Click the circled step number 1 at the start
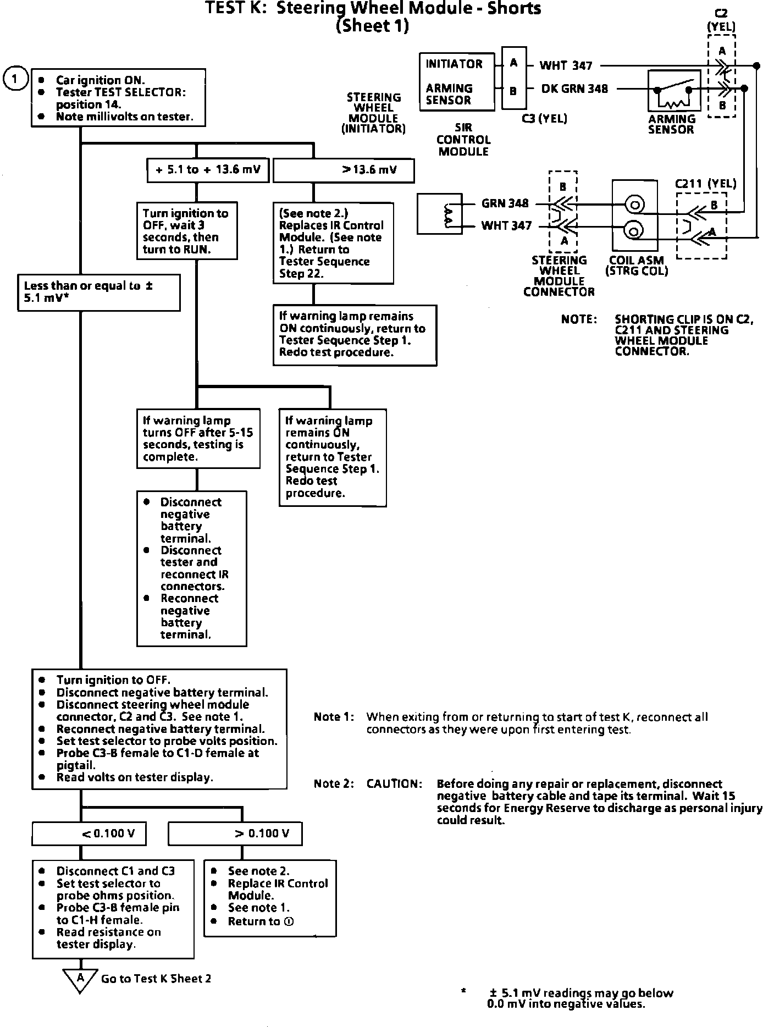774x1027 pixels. coord(15,79)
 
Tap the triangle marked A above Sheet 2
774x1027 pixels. coord(80,979)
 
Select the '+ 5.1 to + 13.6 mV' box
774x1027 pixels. coord(208,170)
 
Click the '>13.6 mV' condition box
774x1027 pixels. coord(343,170)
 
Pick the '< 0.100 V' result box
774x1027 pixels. coord(89,833)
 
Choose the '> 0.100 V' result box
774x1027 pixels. coord(235,833)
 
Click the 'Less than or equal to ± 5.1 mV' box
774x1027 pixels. coord(99,292)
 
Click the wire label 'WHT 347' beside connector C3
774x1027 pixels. coord(566,66)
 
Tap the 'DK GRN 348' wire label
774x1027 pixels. coord(574,89)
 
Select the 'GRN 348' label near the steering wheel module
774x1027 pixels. coord(505,203)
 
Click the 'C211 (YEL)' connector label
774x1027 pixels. coord(705,184)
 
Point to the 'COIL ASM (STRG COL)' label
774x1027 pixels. coord(636,266)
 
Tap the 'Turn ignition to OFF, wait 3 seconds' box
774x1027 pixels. coord(187,231)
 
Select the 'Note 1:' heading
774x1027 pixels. coord(334,717)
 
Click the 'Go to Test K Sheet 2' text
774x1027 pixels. coord(156,979)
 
